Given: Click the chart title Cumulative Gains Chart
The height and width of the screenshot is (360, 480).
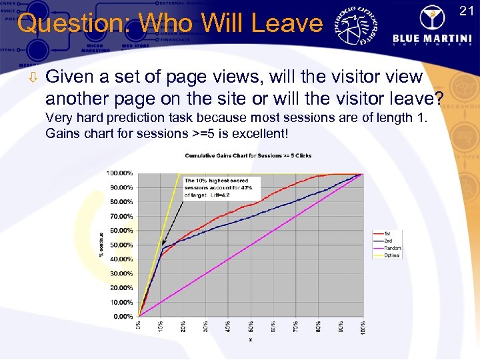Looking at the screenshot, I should [248, 156].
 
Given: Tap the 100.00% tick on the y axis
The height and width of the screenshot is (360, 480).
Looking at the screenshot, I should [120, 173].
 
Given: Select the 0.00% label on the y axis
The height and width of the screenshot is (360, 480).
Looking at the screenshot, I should [123, 316].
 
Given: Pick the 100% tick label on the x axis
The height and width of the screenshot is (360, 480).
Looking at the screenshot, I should [363, 328].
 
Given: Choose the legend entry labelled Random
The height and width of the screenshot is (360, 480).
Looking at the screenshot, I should [391, 248].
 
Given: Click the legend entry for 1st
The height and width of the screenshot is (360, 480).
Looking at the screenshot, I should [388, 233].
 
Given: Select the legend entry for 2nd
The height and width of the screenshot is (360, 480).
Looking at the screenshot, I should [389, 241].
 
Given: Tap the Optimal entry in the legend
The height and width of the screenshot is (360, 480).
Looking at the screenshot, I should [391, 255].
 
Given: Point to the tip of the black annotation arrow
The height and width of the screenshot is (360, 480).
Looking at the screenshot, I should [163, 248].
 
